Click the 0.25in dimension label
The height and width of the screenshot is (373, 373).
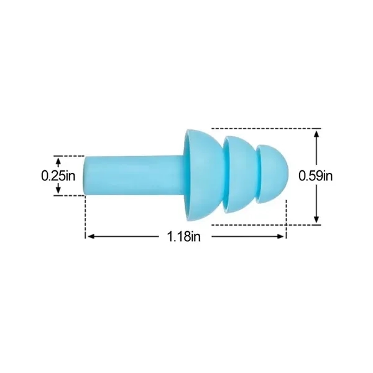click(x=58, y=176)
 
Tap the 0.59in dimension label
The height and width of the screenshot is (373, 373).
click(x=316, y=175)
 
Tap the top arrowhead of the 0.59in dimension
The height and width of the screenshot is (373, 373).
click(x=317, y=133)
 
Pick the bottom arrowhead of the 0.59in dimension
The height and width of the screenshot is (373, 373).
click(x=317, y=219)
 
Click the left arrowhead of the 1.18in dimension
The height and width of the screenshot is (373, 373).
click(x=89, y=236)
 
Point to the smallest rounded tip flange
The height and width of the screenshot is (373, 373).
click(x=274, y=175)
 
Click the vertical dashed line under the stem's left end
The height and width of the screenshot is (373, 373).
click(x=85, y=218)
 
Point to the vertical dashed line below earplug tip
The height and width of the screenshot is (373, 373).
click(x=286, y=218)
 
